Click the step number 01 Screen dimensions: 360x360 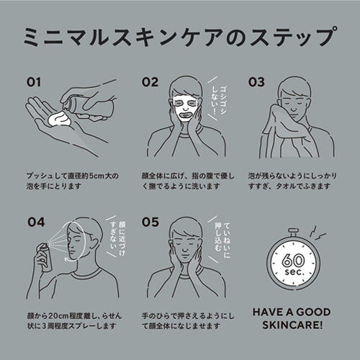tap(33, 82)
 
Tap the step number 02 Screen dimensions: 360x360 tap(150, 82)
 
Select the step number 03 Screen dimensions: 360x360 tap(256, 82)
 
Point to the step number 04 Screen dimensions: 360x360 tap(36, 222)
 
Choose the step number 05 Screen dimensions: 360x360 tap(150, 222)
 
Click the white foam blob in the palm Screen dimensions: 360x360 tap(59, 120)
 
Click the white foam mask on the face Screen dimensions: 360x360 tap(185, 108)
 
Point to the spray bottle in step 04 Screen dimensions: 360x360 tap(45, 257)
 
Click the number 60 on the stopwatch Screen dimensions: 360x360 tap(293, 261)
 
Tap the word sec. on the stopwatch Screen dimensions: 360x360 tap(294, 272)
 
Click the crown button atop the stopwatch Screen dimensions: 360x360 tap(293, 232)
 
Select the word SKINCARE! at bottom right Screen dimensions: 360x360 tap(292, 325)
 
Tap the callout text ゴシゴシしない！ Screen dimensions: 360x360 tap(219, 101)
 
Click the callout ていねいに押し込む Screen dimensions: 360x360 tap(222, 240)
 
